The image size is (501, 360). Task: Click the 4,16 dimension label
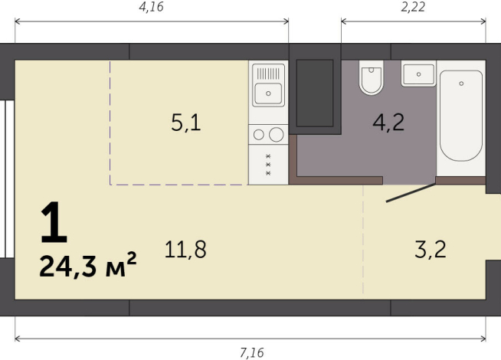[150, 8]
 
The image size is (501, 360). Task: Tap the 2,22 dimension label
[414, 8]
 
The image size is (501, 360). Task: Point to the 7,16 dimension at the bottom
[250, 352]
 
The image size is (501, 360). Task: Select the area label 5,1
[185, 123]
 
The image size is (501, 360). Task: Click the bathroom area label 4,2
[388, 123]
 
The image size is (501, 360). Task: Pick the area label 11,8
[185, 249]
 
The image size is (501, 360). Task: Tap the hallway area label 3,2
[430, 249]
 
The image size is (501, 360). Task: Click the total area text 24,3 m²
[87, 267]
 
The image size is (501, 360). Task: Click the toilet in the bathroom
[371, 77]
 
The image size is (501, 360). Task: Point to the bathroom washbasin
[418, 74]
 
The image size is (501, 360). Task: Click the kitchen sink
[269, 94]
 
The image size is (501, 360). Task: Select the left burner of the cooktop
[259, 135]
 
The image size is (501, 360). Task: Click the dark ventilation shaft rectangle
[314, 91]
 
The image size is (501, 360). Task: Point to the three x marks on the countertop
[268, 165]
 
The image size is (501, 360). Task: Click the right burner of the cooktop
[276, 135]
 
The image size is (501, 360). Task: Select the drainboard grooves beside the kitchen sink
[269, 74]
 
